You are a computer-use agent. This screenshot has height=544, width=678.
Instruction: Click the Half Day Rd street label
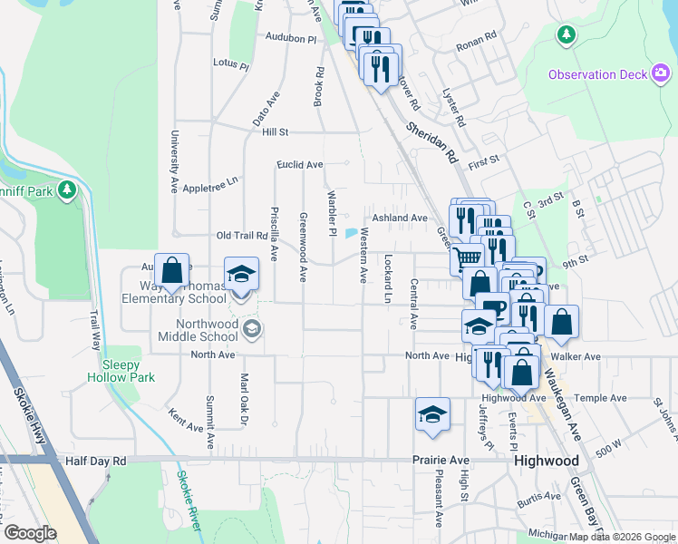click(x=95, y=461)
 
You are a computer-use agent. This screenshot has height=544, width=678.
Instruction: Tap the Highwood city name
click(x=547, y=461)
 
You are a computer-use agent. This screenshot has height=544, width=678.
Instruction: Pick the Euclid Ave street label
click(x=300, y=165)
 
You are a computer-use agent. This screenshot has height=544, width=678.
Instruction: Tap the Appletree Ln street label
click(x=209, y=180)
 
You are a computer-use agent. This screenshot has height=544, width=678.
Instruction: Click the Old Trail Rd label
click(x=239, y=236)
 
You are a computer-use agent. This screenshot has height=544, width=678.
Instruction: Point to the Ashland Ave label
click(x=399, y=219)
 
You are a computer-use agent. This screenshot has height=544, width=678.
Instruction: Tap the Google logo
click(x=30, y=533)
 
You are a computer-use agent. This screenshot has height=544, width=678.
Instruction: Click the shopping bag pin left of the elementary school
click(x=171, y=270)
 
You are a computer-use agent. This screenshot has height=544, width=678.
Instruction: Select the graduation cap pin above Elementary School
click(x=241, y=274)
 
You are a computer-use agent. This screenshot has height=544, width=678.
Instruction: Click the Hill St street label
click(x=275, y=132)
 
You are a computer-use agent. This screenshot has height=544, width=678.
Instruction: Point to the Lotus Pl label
click(x=230, y=64)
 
